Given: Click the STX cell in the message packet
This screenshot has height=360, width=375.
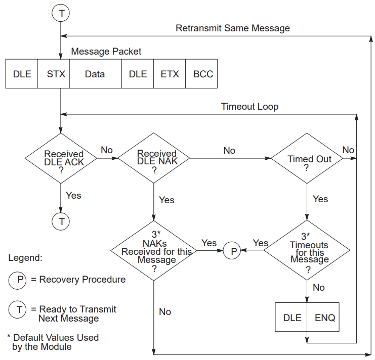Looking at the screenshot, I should click(x=53, y=74).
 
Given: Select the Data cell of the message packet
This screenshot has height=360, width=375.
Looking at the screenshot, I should click(x=95, y=74).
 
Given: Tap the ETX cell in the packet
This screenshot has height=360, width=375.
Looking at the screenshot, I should click(x=170, y=74).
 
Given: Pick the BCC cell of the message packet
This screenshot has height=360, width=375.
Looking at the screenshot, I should click(x=203, y=74).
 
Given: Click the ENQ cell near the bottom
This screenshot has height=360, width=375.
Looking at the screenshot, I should click(x=324, y=318).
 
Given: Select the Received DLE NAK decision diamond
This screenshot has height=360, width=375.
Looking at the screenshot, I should click(x=154, y=158).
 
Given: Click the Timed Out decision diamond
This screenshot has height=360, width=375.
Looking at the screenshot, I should click(x=307, y=159).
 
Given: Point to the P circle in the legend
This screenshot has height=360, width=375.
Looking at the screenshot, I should click(x=19, y=279).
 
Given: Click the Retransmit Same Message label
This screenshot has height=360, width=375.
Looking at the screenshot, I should click(x=233, y=28).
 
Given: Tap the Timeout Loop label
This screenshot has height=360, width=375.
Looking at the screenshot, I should click(x=249, y=107).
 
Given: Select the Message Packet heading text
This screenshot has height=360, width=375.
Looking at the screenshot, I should click(x=106, y=52).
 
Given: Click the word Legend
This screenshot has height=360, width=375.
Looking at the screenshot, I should click(x=25, y=258).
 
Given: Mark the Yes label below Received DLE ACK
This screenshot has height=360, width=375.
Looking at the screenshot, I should click(x=73, y=195).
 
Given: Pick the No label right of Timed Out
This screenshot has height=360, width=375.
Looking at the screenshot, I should click(x=348, y=150).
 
